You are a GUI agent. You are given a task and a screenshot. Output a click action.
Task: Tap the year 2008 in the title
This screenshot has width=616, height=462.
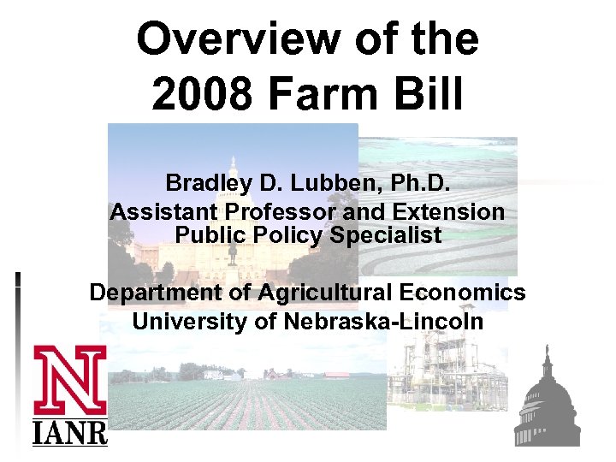[x=203, y=93]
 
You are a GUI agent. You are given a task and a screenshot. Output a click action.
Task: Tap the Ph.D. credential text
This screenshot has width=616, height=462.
[x=415, y=183]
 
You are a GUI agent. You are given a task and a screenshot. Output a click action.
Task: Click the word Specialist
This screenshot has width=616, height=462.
[x=385, y=234]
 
